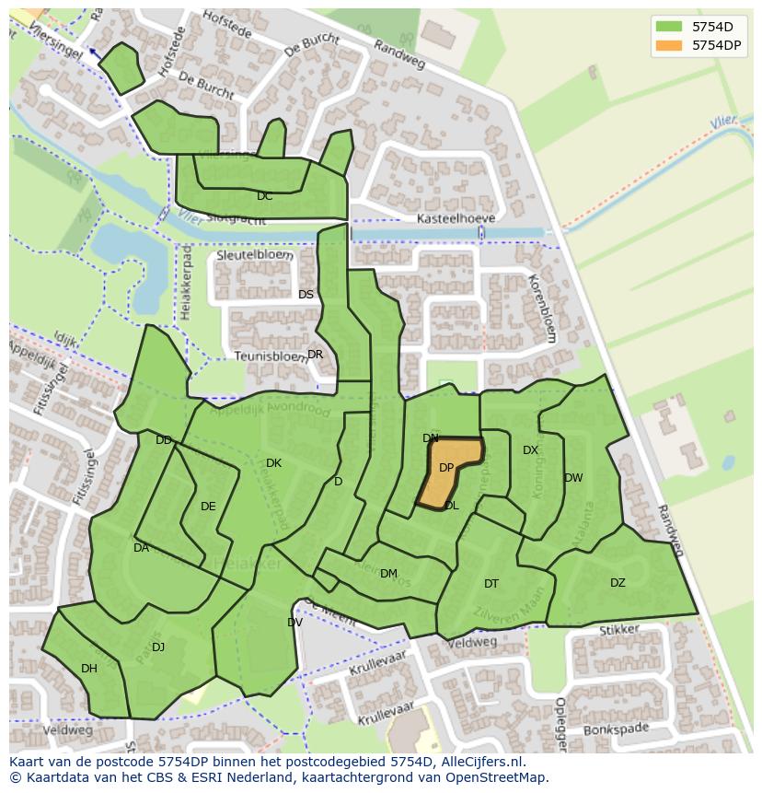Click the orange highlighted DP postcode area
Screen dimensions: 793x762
coord(449,472)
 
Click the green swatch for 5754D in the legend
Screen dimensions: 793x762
coord(669,26)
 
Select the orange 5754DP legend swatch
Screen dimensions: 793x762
coord(669,45)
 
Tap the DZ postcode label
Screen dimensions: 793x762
coord(618,582)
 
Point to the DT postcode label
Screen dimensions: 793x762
coord(491,584)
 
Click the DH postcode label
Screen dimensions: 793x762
coord(89,669)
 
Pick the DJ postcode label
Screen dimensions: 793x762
coord(158,647)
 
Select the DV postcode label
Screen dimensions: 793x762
coord(294,623)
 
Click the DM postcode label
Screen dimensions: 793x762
coord(388,574)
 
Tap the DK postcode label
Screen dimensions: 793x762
coord(273,463)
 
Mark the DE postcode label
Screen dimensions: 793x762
coord(208,507)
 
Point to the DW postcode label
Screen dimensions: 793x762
coord(573,478)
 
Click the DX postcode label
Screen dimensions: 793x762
coord(530,450)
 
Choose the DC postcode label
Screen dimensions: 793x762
coord(265,196)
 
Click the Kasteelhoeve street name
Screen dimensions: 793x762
coord(456,218)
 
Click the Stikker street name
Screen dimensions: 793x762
coord(618,631)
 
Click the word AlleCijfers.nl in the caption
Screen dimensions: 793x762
coord(479,762)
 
